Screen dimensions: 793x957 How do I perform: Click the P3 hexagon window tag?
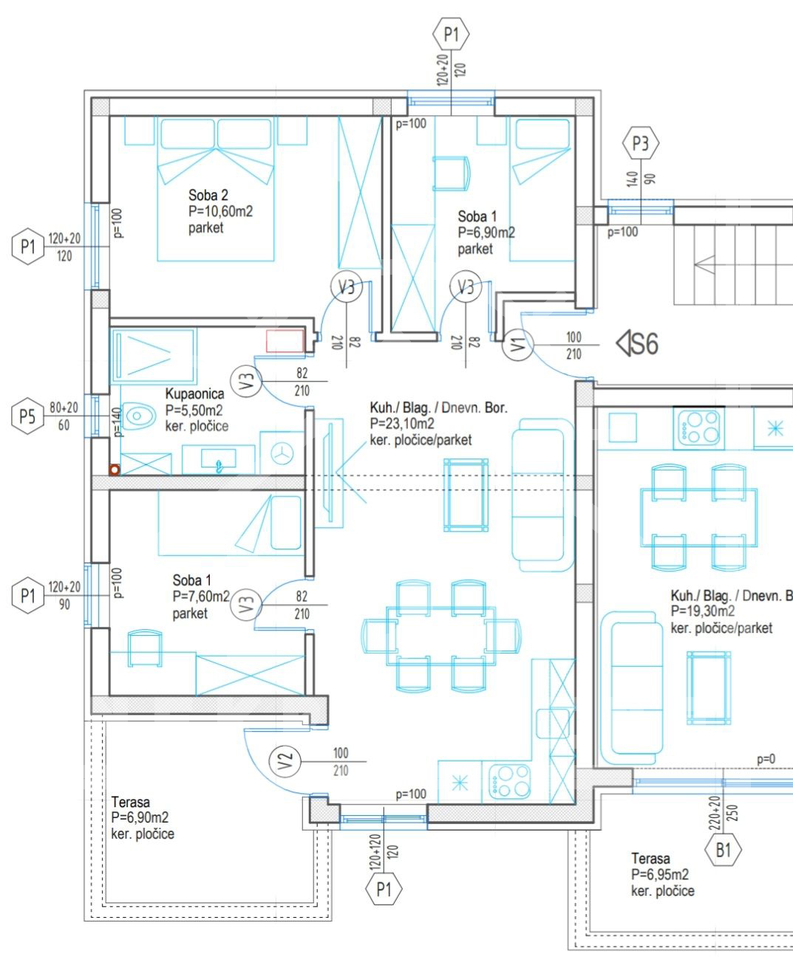point(640,143)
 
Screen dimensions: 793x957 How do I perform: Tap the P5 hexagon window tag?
point(27,416)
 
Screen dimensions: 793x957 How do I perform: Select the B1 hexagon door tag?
point(723,850)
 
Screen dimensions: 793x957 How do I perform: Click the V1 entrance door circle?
point(518,345)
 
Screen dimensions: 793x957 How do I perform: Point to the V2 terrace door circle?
point(285,761)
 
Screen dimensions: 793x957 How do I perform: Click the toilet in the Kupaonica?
point(134,416)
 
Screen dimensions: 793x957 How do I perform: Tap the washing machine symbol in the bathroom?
point(282,453)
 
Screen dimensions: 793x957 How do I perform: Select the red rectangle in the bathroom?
point(285,341)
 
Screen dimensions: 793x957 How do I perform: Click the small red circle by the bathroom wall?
point(115,470)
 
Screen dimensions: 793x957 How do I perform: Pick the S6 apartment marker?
point(637,344)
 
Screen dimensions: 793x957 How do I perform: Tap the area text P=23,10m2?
point(402,423)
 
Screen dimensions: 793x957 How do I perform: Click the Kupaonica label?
point(194,394)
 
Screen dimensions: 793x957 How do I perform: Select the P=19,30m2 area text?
point(702,611)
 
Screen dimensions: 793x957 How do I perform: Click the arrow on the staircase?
point(704,264)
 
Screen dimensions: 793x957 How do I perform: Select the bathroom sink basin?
point(219,459)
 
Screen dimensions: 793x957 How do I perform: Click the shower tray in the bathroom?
point(154,356)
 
